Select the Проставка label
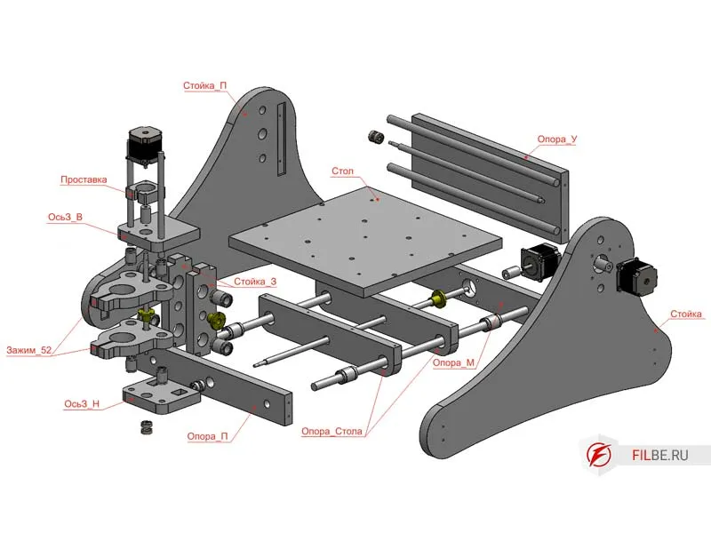pyautogui.click(x=84, y=179)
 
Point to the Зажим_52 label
pyautogui.click(x=29, y=349)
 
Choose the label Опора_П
pyautogui.click(x=210, y=436)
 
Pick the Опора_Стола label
pyautogui.click(x=332, y=432)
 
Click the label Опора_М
pyautogui.click(x=453, y=362)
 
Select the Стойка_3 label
pyautogui.click(x=255, y=282)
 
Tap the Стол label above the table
pyautogui.click(x=343, y=171)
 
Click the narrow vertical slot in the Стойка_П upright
pyautogui.click(x=282, y=138)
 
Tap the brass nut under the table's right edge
pyautogui.click(x=438, y=298)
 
